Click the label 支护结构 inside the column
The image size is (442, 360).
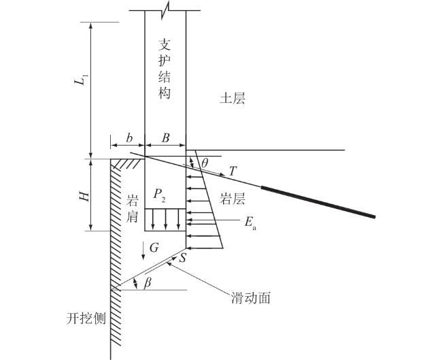(x=164, y=67)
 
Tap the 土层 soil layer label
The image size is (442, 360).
(x=231, y=99)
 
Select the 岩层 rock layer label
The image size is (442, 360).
(x=232, y=199)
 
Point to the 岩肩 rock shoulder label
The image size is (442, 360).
(x=133, y=208)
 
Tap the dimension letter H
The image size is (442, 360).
(x=84, y=196)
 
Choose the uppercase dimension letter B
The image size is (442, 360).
(x=165, y=137)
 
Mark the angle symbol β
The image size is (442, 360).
(x=148, y=283)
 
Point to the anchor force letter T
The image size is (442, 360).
(x=233, y=171)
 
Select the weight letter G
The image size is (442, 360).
(x=154, y=249)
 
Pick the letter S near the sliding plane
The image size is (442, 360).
(x=182, y=257)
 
